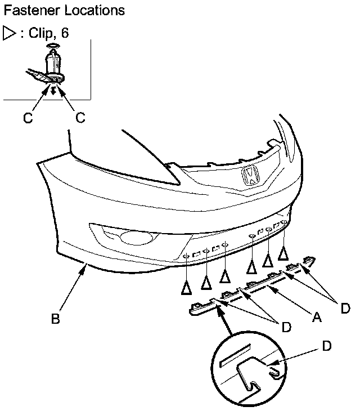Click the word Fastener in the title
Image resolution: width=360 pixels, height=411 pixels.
pyautogui.click(x=31, y=11)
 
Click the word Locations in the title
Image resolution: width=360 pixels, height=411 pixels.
pyautogui.click(x=94, y=11)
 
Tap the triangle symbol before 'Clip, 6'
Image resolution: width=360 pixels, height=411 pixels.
pyautogui.click(x=9, y=33)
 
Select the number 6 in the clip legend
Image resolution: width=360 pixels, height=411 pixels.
pyautogui.click(x=65, y=33)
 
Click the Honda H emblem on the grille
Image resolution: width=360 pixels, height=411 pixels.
pyautogui.click(x=250, y=175)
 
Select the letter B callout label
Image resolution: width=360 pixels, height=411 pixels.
pyautogui.click(x=56, y=319)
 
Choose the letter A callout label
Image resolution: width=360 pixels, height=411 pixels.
pyautogui.click(x=317, y=317)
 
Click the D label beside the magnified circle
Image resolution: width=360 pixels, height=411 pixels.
pyautogui.click(x=327, y=346)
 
